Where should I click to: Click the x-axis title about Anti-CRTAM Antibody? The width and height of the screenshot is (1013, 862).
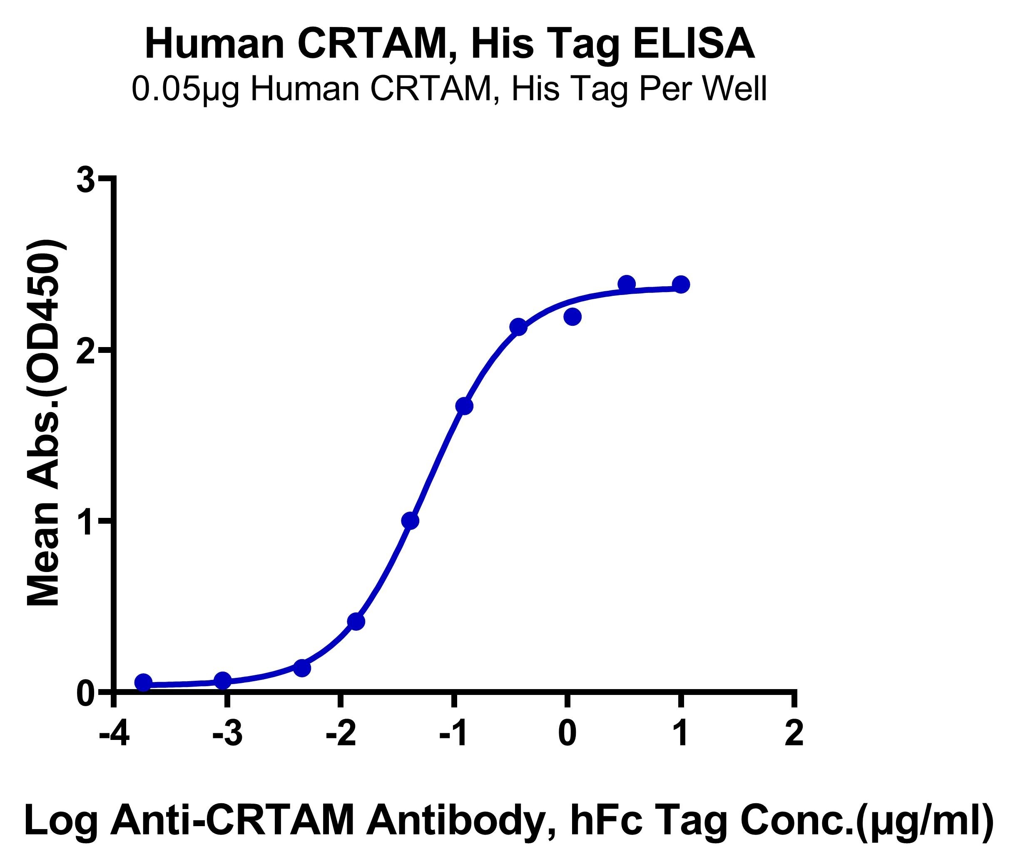click(x=508, y=822)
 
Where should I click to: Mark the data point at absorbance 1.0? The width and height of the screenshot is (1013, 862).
click(x=410, y=521)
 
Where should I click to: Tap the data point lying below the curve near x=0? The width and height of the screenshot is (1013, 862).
click(x=572, y=317)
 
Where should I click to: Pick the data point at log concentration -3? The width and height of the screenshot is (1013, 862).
click(x=223, y=680)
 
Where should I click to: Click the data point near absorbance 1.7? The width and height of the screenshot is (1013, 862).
click(x=464, y=406)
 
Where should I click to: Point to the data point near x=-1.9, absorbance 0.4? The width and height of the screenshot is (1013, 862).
click(x=356, y=622)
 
